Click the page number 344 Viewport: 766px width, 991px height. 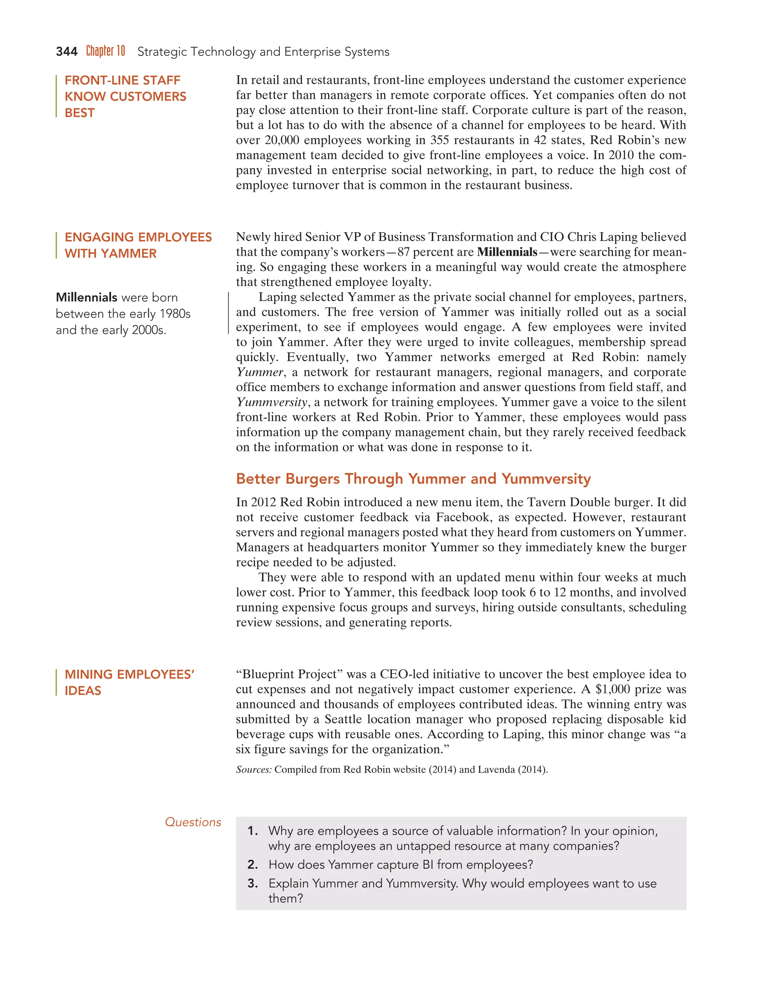click(66, 52)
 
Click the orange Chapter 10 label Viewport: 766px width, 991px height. click(105, 51)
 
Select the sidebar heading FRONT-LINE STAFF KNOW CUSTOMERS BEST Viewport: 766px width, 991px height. click(125, 96)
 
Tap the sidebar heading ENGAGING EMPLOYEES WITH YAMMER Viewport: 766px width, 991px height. click(138, 245)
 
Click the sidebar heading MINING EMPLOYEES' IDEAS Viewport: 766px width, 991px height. click(129, 682)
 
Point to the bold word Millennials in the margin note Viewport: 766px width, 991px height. click(86, 297)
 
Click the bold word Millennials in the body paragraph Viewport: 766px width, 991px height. click(507, 252)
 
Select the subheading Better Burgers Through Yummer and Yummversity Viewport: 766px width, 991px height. click(413, 479)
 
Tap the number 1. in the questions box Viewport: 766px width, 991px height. click(252, 831)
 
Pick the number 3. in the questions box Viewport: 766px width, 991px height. click(252, 883)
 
